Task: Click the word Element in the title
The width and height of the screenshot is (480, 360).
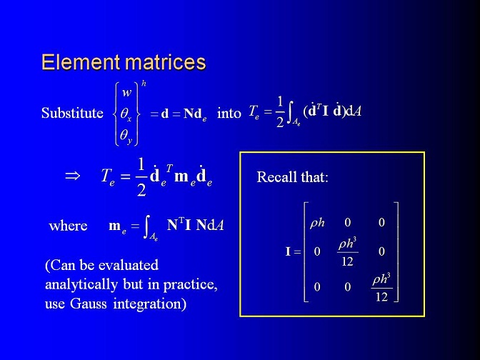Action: [x=81, y=62]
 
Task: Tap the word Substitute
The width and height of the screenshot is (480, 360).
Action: [x=72, y=114]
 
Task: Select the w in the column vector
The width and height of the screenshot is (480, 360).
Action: [x=126, y=93]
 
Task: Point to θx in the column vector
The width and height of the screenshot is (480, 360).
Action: [x=126, y=114]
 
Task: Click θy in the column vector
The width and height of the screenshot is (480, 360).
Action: [x=126, y=136]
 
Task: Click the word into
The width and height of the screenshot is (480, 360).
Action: [x=229, y=114]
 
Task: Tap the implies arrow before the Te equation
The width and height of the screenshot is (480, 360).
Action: [x=73, y=176]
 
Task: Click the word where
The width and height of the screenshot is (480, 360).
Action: [x=68, y=226]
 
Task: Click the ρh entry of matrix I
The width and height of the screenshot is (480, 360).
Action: [x=317, y=223]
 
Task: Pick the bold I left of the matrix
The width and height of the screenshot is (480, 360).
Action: [x=288, y=251]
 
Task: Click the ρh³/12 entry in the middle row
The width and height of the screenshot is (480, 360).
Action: [x=347, y=252]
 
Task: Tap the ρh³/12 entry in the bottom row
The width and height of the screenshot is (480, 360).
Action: [x=381, y=287]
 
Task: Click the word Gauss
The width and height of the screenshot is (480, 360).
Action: [x=88, y=304]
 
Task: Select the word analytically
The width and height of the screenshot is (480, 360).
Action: [x=81, y=285]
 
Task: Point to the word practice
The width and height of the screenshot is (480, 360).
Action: [x=190, y=285]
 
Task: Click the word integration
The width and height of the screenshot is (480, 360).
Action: [x=149, y=304]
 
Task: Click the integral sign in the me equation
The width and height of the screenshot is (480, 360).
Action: [x=147, y=226]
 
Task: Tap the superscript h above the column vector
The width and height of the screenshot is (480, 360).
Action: [x=144, y=84]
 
